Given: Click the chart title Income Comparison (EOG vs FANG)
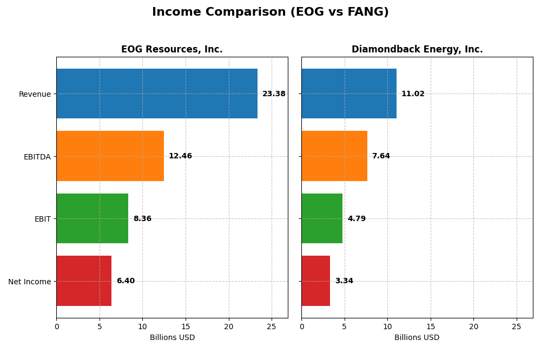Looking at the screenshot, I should [270, 12].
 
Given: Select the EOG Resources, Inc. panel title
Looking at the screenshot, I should [171, 49].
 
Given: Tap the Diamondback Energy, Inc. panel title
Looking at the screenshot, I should [417, 49].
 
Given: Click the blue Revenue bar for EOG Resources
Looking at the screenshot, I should [157, 94].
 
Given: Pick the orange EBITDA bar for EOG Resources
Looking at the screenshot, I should [110, 156].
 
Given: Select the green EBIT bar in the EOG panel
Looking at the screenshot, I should [92, 218].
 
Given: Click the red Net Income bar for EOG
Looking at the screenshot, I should [84, 281].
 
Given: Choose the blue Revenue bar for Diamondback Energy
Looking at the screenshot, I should [349, 94].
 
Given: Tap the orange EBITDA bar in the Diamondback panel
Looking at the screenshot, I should [334, 156].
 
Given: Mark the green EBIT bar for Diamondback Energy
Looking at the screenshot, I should [322, 218].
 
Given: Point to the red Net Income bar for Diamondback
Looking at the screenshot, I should [315, 281].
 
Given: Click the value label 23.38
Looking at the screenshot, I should [274, 94].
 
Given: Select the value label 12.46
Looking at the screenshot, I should [180, 156].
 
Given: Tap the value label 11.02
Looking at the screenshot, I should [413, 94].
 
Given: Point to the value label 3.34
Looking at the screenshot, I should [344, 281].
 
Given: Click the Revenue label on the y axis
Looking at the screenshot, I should [35, 94].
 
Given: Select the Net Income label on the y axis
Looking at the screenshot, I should [29, 281].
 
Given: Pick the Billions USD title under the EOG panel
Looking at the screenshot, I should [172, 337].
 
